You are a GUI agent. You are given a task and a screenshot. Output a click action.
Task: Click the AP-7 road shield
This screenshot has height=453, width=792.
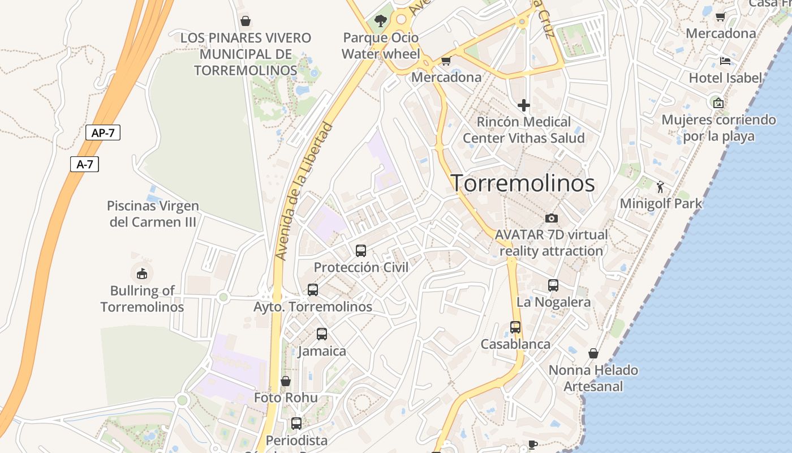[x=103, y=133]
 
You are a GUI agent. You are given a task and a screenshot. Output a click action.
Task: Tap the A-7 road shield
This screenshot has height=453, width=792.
[x=85, y=164]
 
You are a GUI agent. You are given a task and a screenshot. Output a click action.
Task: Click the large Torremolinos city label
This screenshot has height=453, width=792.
[x=523, y=183]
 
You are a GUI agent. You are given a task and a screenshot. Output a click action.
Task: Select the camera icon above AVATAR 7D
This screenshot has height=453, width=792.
[x=551, y=218]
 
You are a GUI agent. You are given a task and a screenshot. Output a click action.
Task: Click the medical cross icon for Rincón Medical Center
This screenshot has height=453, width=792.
[x=524, y=105]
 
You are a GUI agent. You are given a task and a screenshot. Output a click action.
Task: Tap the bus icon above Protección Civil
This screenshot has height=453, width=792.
[x=361, y=250]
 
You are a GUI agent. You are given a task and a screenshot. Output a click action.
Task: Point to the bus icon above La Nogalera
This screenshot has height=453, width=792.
[x=553, y=285]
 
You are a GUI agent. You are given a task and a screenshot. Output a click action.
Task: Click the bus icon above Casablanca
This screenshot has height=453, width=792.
[x=515, y=327]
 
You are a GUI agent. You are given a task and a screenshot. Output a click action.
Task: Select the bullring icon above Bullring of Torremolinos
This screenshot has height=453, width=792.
[x=142, y=274]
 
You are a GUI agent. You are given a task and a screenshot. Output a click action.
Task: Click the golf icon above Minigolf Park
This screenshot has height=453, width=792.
[x=660, y=186]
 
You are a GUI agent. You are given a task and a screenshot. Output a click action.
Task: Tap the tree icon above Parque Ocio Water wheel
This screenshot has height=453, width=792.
[x=381, y=22]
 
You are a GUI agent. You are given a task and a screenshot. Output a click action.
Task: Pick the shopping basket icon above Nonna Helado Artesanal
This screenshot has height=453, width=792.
[x=593, y=353]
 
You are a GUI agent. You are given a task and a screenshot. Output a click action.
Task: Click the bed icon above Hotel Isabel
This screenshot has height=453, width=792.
[x=725, y=61]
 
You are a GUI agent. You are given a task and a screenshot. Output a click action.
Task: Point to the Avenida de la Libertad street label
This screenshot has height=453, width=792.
[x=303, y=191]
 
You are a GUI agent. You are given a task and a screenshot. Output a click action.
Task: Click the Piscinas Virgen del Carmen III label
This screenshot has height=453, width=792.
[x=153, y=213]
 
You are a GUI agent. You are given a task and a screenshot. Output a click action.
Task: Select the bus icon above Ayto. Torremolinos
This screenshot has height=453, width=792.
[x=313, y=290]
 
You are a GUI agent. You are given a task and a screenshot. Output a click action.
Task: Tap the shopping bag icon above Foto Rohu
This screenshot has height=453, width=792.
[x=286, y=381]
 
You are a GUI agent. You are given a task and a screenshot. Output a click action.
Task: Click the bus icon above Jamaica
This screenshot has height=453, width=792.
[x=322, y=334]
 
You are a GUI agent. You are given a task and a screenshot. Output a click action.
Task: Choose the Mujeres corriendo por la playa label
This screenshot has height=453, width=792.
[x=718, y=128]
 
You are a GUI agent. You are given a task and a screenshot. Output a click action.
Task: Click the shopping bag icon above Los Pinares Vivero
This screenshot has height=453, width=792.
[x=246, y=21]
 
